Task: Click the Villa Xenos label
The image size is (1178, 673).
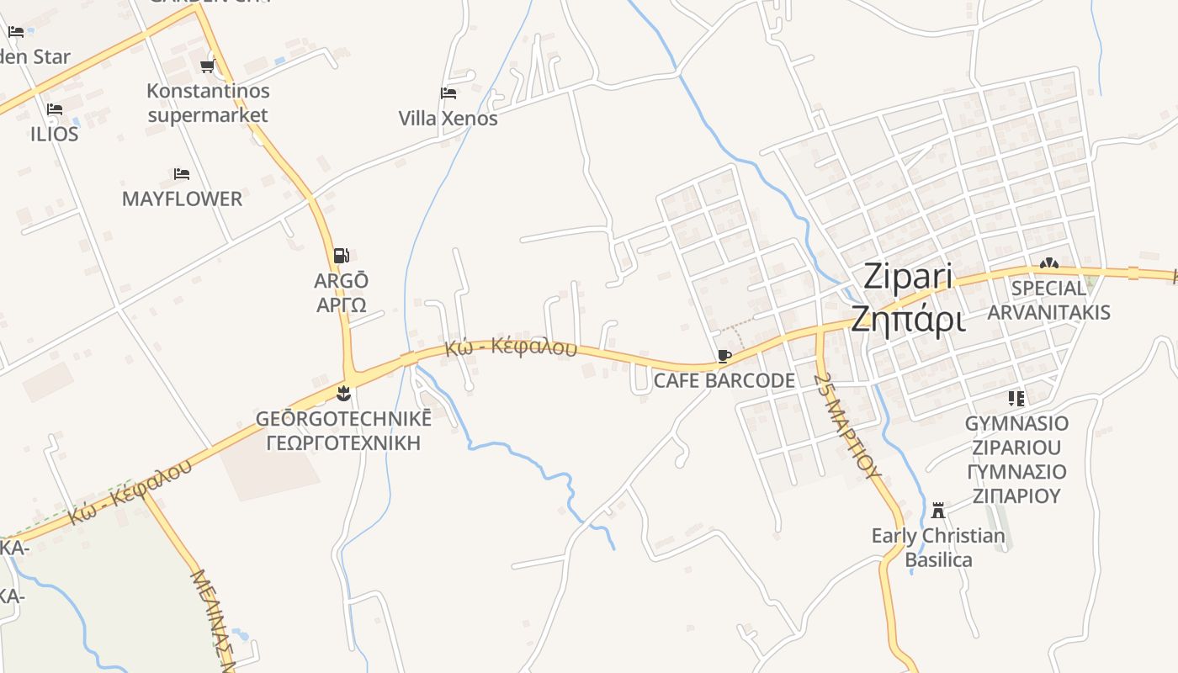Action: click(x=448, y=119)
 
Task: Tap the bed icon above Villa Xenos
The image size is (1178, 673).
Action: click(x=448, y=93)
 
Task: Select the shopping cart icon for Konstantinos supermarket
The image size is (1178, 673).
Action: click(x=208, y=66)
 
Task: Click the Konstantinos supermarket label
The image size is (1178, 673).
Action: click(x=208, y=103)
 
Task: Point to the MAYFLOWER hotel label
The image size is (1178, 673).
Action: click(x=182, y=199)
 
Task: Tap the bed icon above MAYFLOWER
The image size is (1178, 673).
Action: click(x=182, y=174)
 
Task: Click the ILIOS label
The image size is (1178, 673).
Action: click(x=55, y=135)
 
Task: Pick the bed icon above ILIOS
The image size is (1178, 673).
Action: click(x=55, y=109)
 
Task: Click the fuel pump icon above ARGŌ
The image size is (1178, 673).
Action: click(x=342, y=256)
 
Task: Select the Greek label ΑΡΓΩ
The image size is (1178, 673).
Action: click(x=342, y=305)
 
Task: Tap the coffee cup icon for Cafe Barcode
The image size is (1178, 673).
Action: click(x=724, y=357)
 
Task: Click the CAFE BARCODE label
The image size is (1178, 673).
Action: click(x=724, y=381)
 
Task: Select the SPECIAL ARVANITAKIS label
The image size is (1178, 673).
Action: click(x=1048, y=300)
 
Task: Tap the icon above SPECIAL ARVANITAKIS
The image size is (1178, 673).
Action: click(x=1048, y=263)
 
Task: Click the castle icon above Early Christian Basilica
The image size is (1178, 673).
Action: click(x=938, y=510)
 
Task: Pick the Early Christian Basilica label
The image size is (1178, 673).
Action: click(x=938, y=548)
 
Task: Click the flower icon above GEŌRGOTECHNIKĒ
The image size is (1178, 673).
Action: click(x=343, y=393)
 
